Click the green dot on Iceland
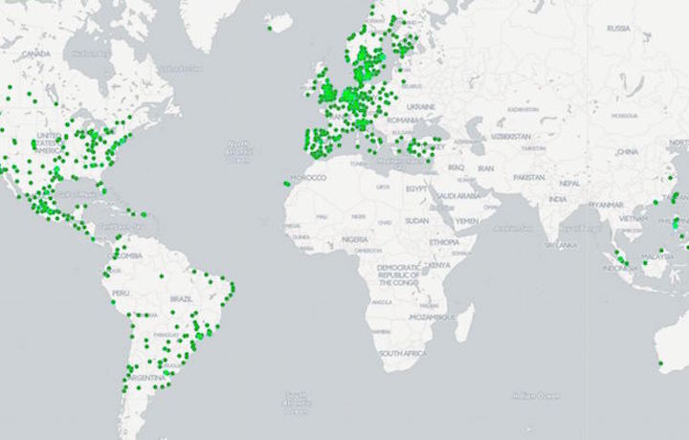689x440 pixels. [x=270, y=28]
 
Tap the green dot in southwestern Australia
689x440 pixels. [x=660, y=363]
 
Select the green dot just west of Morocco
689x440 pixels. [x=286, y=184]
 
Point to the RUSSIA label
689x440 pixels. [x=618, y=29]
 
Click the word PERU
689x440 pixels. [x=121, y=293]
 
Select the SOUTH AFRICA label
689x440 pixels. [x=402, y=354]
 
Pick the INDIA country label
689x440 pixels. [x=557, y=199]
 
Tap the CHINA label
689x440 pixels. [x=627, y=151]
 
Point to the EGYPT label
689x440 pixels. [x=418, y=188]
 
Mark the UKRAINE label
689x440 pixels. [x=420, y=105]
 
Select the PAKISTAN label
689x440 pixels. [x=527, y=177]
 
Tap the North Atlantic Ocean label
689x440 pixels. [x=238, y=152]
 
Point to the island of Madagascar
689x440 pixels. [x=464, y=322]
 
